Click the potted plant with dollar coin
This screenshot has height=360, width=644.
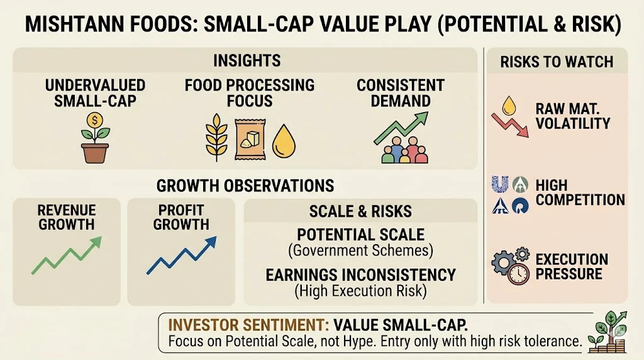(95, 138)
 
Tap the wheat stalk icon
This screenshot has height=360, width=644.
(216, 137)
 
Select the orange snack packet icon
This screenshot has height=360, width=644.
(250, 139)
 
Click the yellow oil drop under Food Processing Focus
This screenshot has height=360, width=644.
(284, 142)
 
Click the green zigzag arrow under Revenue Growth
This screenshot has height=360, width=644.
(67, 255)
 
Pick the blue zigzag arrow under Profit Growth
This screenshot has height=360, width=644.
(182, 255)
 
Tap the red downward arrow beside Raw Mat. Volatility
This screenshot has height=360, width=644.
(510, 125)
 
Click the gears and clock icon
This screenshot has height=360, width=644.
(511, 266)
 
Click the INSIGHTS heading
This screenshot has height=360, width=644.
(247, 61)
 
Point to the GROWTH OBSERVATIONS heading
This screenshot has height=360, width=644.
(245, 186)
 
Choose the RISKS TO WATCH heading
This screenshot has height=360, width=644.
(557, 62)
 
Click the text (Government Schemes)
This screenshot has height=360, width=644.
(360, 250)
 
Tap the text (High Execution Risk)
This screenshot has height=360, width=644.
(360, 291)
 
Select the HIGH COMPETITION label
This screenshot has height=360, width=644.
(580, 193)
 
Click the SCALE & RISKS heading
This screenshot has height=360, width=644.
(360, 211)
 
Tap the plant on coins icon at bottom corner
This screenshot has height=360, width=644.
(608, 332)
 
